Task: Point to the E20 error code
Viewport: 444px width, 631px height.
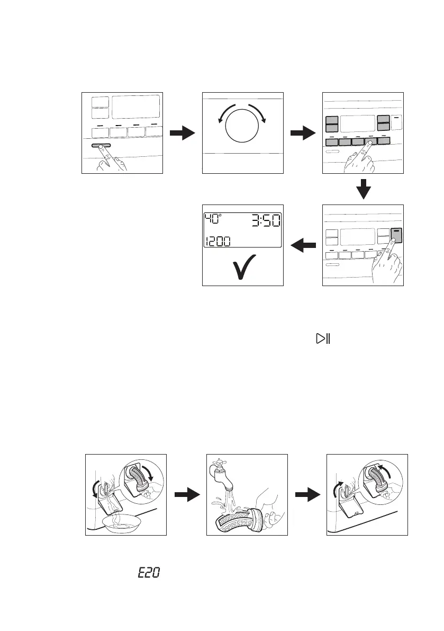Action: (149, 573)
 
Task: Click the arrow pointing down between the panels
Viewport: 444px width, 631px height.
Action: (363, 189)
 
